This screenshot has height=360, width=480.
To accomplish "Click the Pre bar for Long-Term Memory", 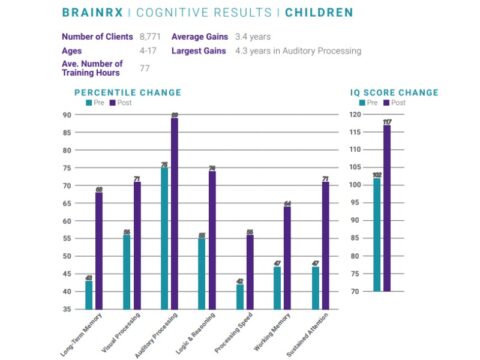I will coord(88,296).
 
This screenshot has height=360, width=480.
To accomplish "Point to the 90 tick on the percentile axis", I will coord(66,114).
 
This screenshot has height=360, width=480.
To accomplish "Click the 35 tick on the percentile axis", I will coord(66,309).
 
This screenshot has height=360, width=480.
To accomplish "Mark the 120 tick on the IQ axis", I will coord(356,114).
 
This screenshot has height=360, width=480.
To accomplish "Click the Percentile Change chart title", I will coord(127,92).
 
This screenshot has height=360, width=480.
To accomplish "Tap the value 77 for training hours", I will coord(145,69).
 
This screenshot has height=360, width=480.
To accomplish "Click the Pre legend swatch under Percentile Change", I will coord(91,102).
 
